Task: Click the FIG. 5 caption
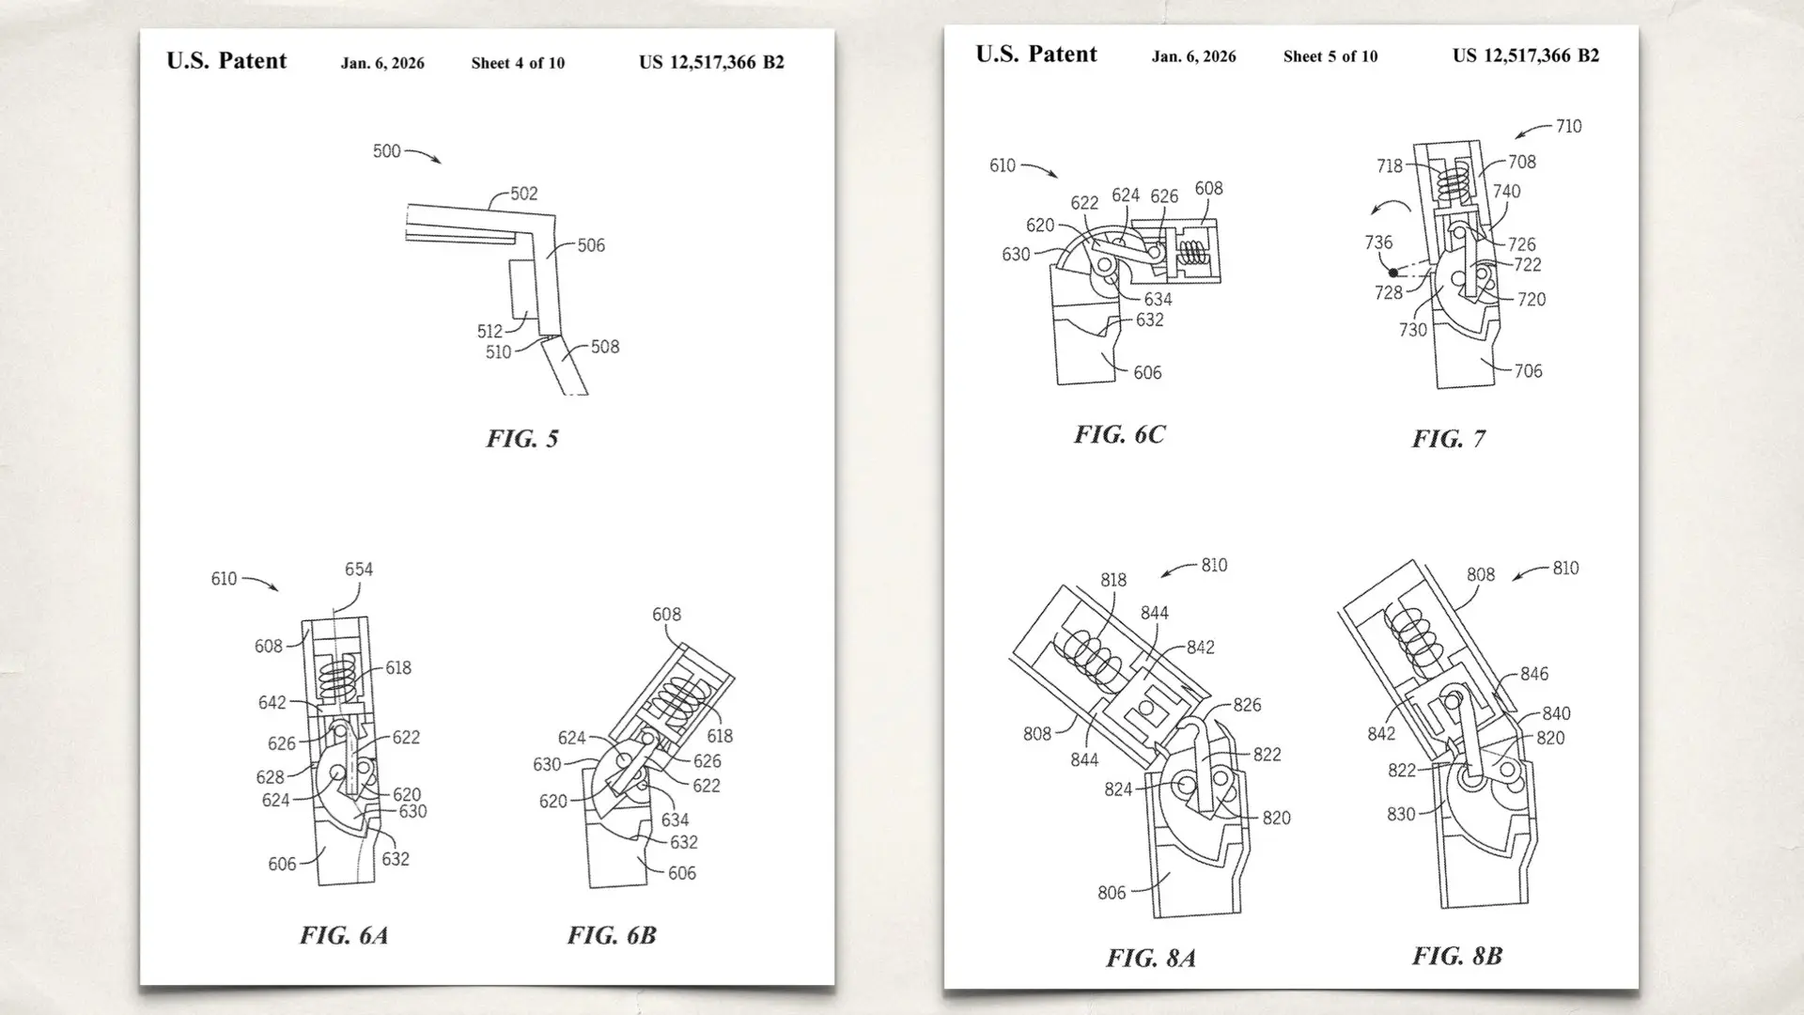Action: pos(521,439)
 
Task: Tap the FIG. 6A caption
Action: pos(343,935)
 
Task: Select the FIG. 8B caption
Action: pos(1456,956)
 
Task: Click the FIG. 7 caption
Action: pos(1448,439)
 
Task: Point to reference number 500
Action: pos(386,151)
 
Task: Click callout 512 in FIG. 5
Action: pos(489,331)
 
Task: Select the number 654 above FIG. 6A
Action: pos(358,570)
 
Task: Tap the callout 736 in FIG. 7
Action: pos(1378,242)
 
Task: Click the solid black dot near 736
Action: pos(1393,273)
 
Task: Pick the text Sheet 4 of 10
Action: pos(518,63)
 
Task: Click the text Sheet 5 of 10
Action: pos(1330,56)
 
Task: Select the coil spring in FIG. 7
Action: pos(1456,180)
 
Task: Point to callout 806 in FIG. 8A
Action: pos(1111,893)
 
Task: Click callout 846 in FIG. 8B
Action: pos(1533,674)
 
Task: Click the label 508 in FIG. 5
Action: pos(604,347)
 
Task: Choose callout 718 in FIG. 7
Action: pos(1389,166)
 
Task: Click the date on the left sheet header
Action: pos(381,63)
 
